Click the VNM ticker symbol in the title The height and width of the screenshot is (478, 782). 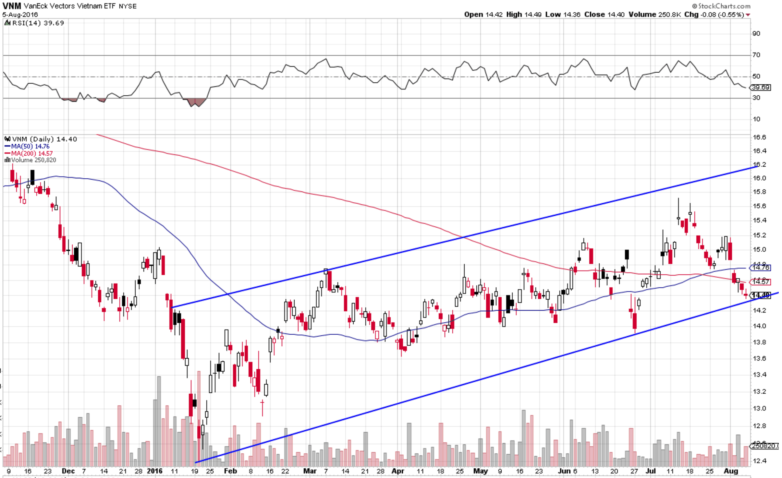[12, 6]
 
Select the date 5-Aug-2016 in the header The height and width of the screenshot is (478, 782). [20, 15]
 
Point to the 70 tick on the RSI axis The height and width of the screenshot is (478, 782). [756, 55]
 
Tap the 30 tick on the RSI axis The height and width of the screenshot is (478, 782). [756, 98]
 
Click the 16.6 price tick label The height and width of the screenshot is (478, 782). [759, 137]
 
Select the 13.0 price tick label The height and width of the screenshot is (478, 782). [759, 408]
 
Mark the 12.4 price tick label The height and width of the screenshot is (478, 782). [759, 460]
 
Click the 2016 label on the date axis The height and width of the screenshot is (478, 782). [155, 471]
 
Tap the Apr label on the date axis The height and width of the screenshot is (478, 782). [398, 471]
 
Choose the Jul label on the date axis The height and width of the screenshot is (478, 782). [651, 471]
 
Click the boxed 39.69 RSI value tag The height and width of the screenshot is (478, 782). [761, 88]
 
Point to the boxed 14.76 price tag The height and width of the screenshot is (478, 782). [761, 268]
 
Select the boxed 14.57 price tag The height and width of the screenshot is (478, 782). [761, 281]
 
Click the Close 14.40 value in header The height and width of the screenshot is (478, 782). [604, 15]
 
